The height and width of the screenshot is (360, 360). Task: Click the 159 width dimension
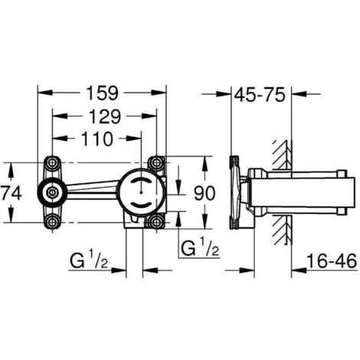point(101,93)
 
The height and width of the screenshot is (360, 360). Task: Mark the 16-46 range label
point(331,262)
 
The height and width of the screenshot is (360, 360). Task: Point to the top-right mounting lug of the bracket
point(156,162)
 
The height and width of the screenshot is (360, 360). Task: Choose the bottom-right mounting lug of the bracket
point(156,222)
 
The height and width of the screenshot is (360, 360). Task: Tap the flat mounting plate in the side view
point(234,192)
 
